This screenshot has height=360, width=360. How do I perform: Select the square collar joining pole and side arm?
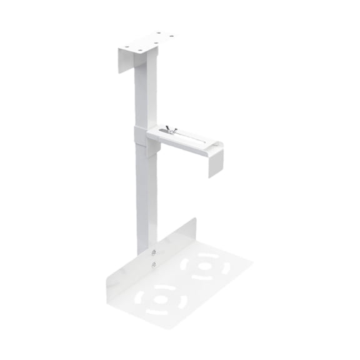pos(142,137)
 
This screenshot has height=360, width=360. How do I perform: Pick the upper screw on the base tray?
pos(154,252)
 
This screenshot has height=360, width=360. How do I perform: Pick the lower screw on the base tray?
pos(153,265)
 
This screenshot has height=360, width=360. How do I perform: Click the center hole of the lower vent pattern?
pos(161,299)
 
